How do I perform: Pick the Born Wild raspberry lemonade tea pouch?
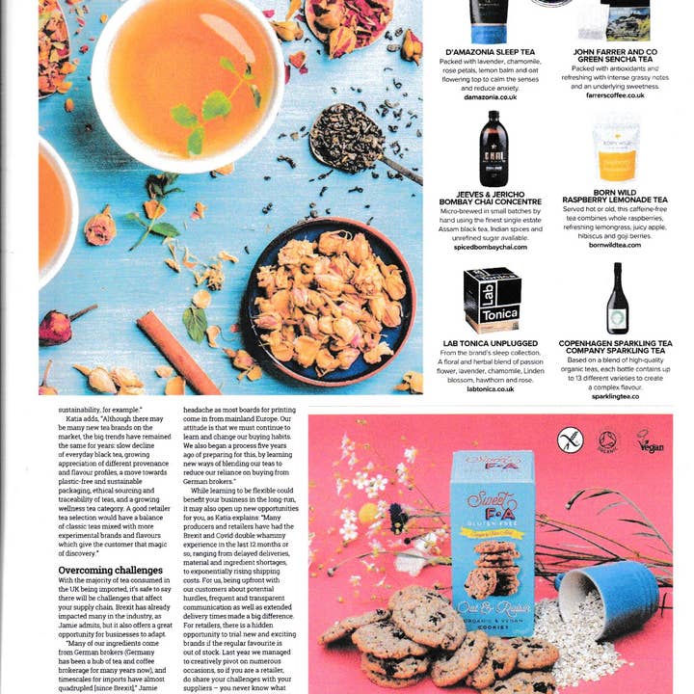pyautogui.click(x=616, y=152)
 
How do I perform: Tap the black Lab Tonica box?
pyautogui.click(x=492, y=299)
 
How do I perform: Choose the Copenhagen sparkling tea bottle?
pyautogui.click(x=617, y=298)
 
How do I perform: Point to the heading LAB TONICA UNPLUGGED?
pyautogui.click(x=491, y=343)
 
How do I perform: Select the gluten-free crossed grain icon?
pyautogui.click(x=571, y=441)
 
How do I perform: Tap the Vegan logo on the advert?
pyautogui.click(x=650, y=441)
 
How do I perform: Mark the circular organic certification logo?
pyautogui.click(x=608, y=441)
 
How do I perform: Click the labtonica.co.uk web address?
pyautogui.click(x=491, y=387)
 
